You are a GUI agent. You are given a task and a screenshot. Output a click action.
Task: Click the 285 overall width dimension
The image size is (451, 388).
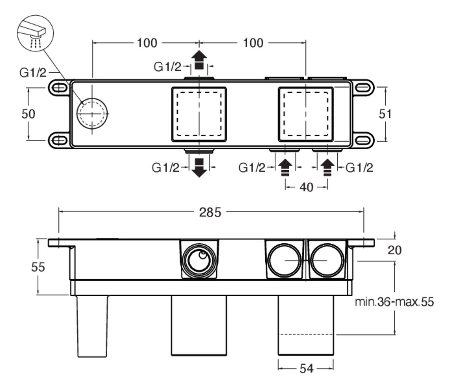[210, 212]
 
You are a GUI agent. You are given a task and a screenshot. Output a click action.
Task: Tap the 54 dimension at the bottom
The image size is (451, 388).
[306, 369]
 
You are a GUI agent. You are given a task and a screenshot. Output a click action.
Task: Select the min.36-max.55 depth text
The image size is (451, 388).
[394, 302]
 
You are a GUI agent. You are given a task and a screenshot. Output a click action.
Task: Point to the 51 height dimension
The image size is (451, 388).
[385, 114]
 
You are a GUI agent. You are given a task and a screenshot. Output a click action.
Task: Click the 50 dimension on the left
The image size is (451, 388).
[28, 114]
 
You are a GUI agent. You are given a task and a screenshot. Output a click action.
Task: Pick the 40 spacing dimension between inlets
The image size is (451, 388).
[306, 187]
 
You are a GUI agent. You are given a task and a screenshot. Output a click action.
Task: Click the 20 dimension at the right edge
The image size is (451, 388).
[394, 250]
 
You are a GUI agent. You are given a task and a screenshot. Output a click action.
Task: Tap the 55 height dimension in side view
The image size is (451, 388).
[38, 267]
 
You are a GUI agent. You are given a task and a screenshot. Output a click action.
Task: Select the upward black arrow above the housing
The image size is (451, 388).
[199, 60]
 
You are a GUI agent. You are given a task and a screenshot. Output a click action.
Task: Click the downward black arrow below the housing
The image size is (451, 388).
[199, 168]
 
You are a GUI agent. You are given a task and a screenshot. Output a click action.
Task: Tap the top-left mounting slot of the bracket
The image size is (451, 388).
[59, 88]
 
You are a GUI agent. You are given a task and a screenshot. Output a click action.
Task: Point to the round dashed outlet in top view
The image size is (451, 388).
[92, 113]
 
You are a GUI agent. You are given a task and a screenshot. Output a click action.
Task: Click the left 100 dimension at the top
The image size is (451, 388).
[147, 43]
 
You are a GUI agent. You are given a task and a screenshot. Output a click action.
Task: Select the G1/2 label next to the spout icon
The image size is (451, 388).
[33, 72]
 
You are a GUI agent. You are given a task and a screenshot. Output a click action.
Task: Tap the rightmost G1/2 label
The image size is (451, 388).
[359, 168]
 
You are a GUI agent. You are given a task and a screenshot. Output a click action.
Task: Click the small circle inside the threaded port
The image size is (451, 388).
[203, 255]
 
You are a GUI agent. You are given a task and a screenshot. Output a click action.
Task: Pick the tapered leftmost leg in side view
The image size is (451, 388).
[92, 326]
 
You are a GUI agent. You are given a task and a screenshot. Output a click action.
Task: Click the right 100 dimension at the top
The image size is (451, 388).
[253, 43]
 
